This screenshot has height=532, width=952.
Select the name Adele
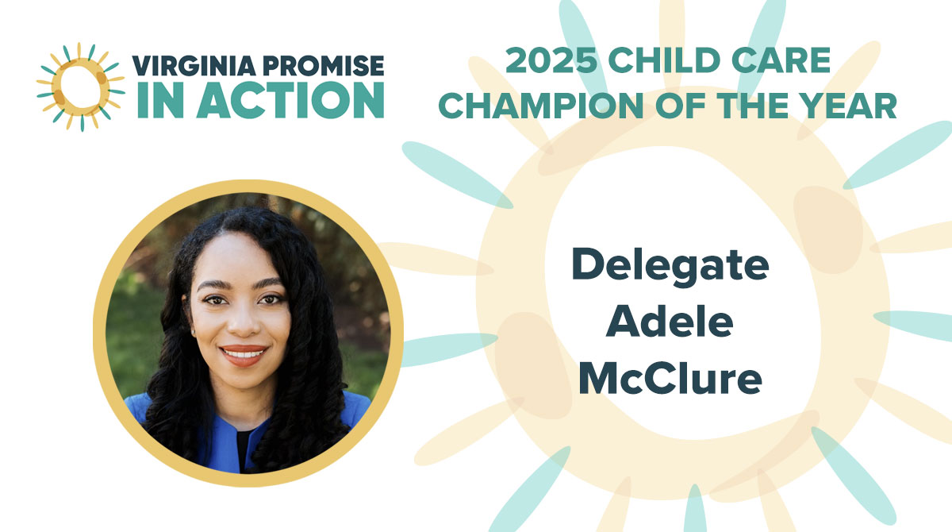[670, 322]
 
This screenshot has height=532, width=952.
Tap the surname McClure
[670, 378]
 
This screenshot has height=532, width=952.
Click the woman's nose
[243, 322]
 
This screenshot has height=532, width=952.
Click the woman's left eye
[271, 299]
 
